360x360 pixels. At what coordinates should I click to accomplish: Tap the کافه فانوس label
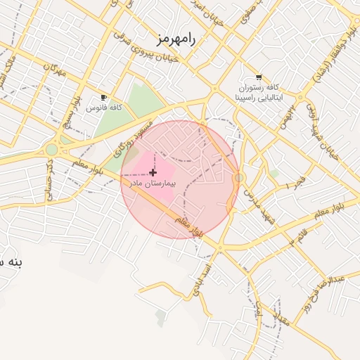105,108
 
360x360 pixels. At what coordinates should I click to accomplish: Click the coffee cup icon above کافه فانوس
104,98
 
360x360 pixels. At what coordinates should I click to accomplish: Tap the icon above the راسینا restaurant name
259,77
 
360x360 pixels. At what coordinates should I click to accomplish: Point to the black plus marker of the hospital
153,172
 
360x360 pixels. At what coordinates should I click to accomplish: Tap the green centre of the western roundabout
51,149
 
